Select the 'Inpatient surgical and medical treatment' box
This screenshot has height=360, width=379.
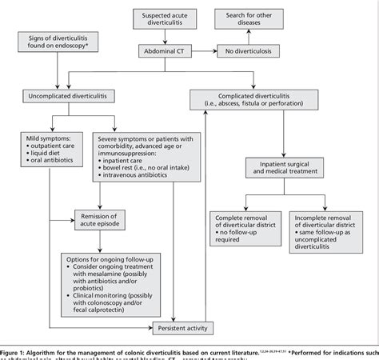click(292, 170)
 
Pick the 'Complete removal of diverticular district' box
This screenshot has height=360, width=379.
click(244, 226)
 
